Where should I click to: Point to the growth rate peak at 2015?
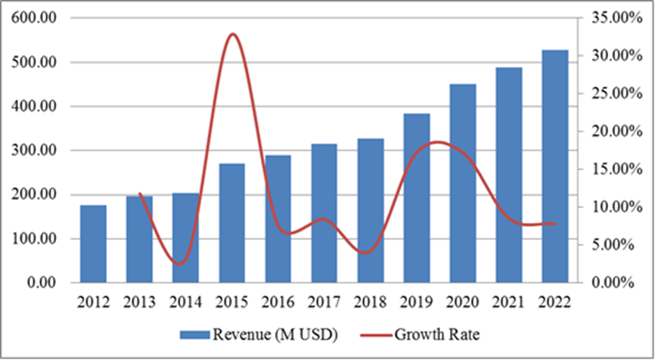pos(232,34)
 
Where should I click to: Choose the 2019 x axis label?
pos(417,303)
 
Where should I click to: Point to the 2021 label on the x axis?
pos(509,303)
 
